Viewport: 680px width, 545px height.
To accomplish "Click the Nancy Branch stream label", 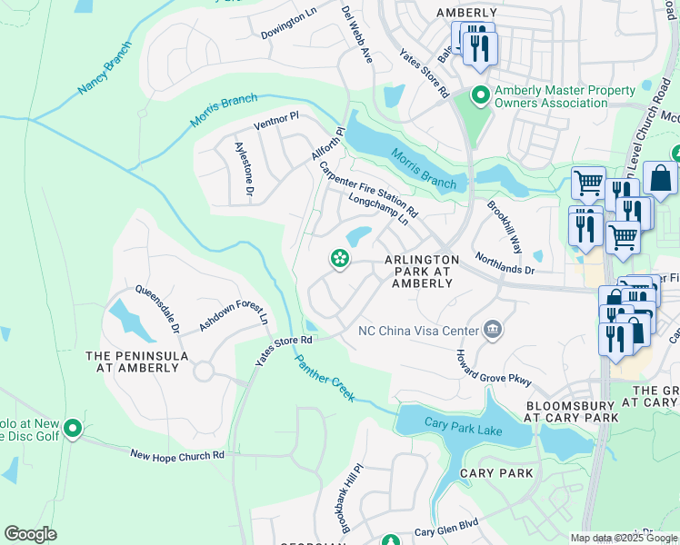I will pyautogui.click(x=105, y=73).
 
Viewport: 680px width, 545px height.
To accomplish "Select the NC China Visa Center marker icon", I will pyautogui.click(x=493, y=329).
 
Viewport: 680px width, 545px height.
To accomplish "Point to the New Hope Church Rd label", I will pyautogui.click(x=176, y=454).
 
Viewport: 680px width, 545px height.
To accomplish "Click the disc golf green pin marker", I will pyautogui.click(x=74, y=428).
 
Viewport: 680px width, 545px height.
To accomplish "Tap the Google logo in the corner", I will pyautogui.click(x=30, y=534).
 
